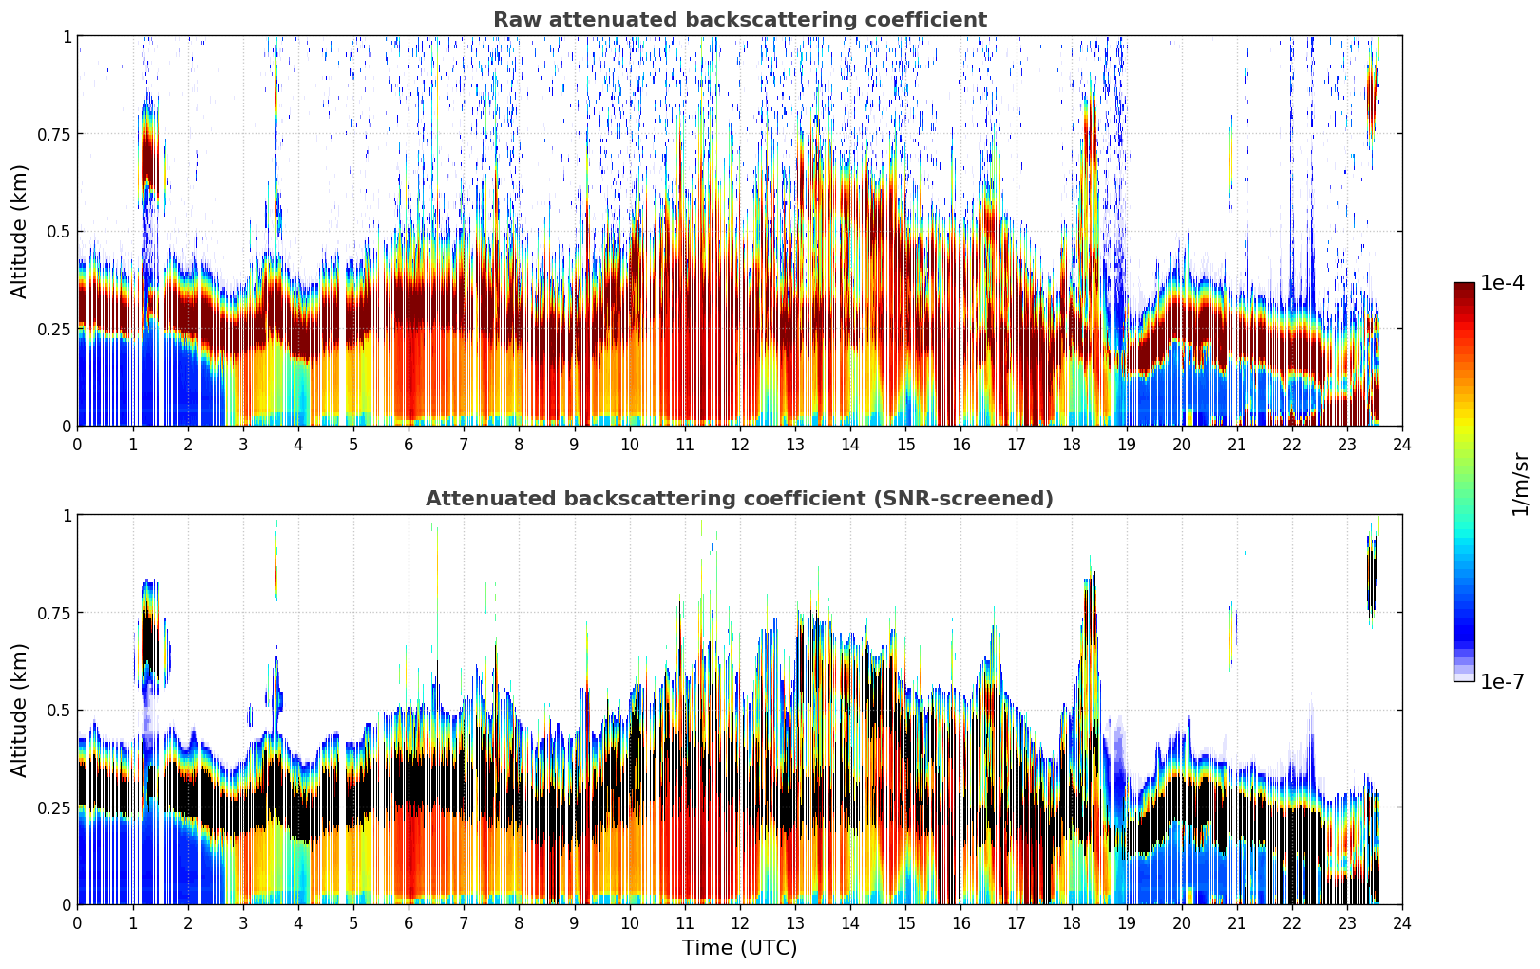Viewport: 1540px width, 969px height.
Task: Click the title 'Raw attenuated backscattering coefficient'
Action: click(740, 20)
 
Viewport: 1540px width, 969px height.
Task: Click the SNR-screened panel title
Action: click(740, 498)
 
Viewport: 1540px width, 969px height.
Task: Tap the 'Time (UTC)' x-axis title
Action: click(740, 948)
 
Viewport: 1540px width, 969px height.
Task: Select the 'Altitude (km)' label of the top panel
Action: click(19, 232)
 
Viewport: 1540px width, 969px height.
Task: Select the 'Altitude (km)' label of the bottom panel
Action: click(19, 710)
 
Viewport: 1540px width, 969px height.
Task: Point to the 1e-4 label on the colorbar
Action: click(1502, 282)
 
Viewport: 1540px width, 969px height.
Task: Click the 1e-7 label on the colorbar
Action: click(1502, 682)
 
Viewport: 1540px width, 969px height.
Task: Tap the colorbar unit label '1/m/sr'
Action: click(1520, 483)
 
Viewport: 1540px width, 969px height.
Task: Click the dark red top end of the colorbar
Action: click(1464, 287)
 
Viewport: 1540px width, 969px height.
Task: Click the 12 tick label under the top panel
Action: click(740, 445)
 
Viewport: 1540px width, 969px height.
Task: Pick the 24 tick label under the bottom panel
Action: click(1402, 923)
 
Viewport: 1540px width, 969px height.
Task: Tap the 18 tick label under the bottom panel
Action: click(1071, 923)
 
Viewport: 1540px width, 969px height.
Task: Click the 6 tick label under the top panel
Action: click(409, 445)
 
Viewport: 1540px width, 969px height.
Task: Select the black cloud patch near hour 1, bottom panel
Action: click(149, 642)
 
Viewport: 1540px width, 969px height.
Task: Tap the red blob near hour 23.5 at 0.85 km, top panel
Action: click(1372, 96)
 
